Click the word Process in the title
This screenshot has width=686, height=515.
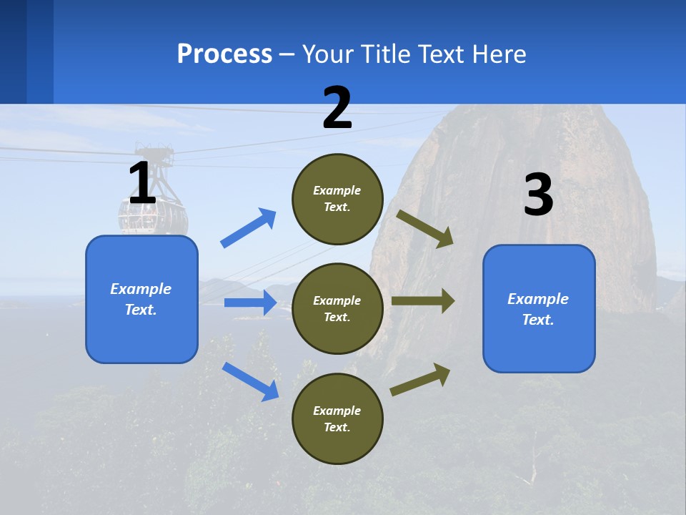click(x=224, y=54)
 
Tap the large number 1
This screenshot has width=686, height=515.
click(x=142, y=183)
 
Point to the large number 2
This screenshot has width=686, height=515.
click(x=337, y=108)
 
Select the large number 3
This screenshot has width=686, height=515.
click(x=538, y=195)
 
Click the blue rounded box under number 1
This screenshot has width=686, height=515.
click(x=141, y=299)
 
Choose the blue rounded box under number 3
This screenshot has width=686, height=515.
click(x=539, y=308)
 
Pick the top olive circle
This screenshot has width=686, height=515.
click(x=337, y=198)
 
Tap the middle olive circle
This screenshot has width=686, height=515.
click(x=337, y=308)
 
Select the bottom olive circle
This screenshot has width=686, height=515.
click(x=337, y=418)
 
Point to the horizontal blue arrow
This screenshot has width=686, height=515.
click(x=250, y=303)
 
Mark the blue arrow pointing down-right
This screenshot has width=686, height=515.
click(x=250, y=381)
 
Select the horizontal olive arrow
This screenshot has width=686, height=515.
click(x=423, y=301)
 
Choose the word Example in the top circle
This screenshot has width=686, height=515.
click(x=337, y=190)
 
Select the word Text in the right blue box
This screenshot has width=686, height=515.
click(x=537, y=320)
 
